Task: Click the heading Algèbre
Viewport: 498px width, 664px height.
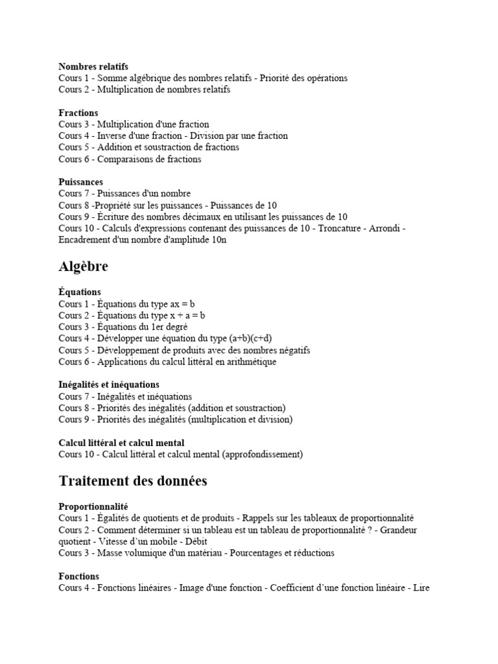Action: click(x=84, y=267)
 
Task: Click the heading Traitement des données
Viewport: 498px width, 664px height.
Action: click(x=133, y=480)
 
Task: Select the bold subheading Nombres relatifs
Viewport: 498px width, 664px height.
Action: click(x=93, y=66)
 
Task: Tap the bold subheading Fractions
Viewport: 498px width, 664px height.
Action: click(x=78, y=113)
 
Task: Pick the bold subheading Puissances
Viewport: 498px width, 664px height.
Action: click(x=81, y=182)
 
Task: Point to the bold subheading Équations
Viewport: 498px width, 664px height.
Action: click(x=80, y=292)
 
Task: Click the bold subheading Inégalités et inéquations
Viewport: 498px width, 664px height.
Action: click(x=109, y=385)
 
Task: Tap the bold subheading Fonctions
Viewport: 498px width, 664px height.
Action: click(x=79, y=576)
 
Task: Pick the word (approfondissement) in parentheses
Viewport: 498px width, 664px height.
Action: click(x=263, y=454)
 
